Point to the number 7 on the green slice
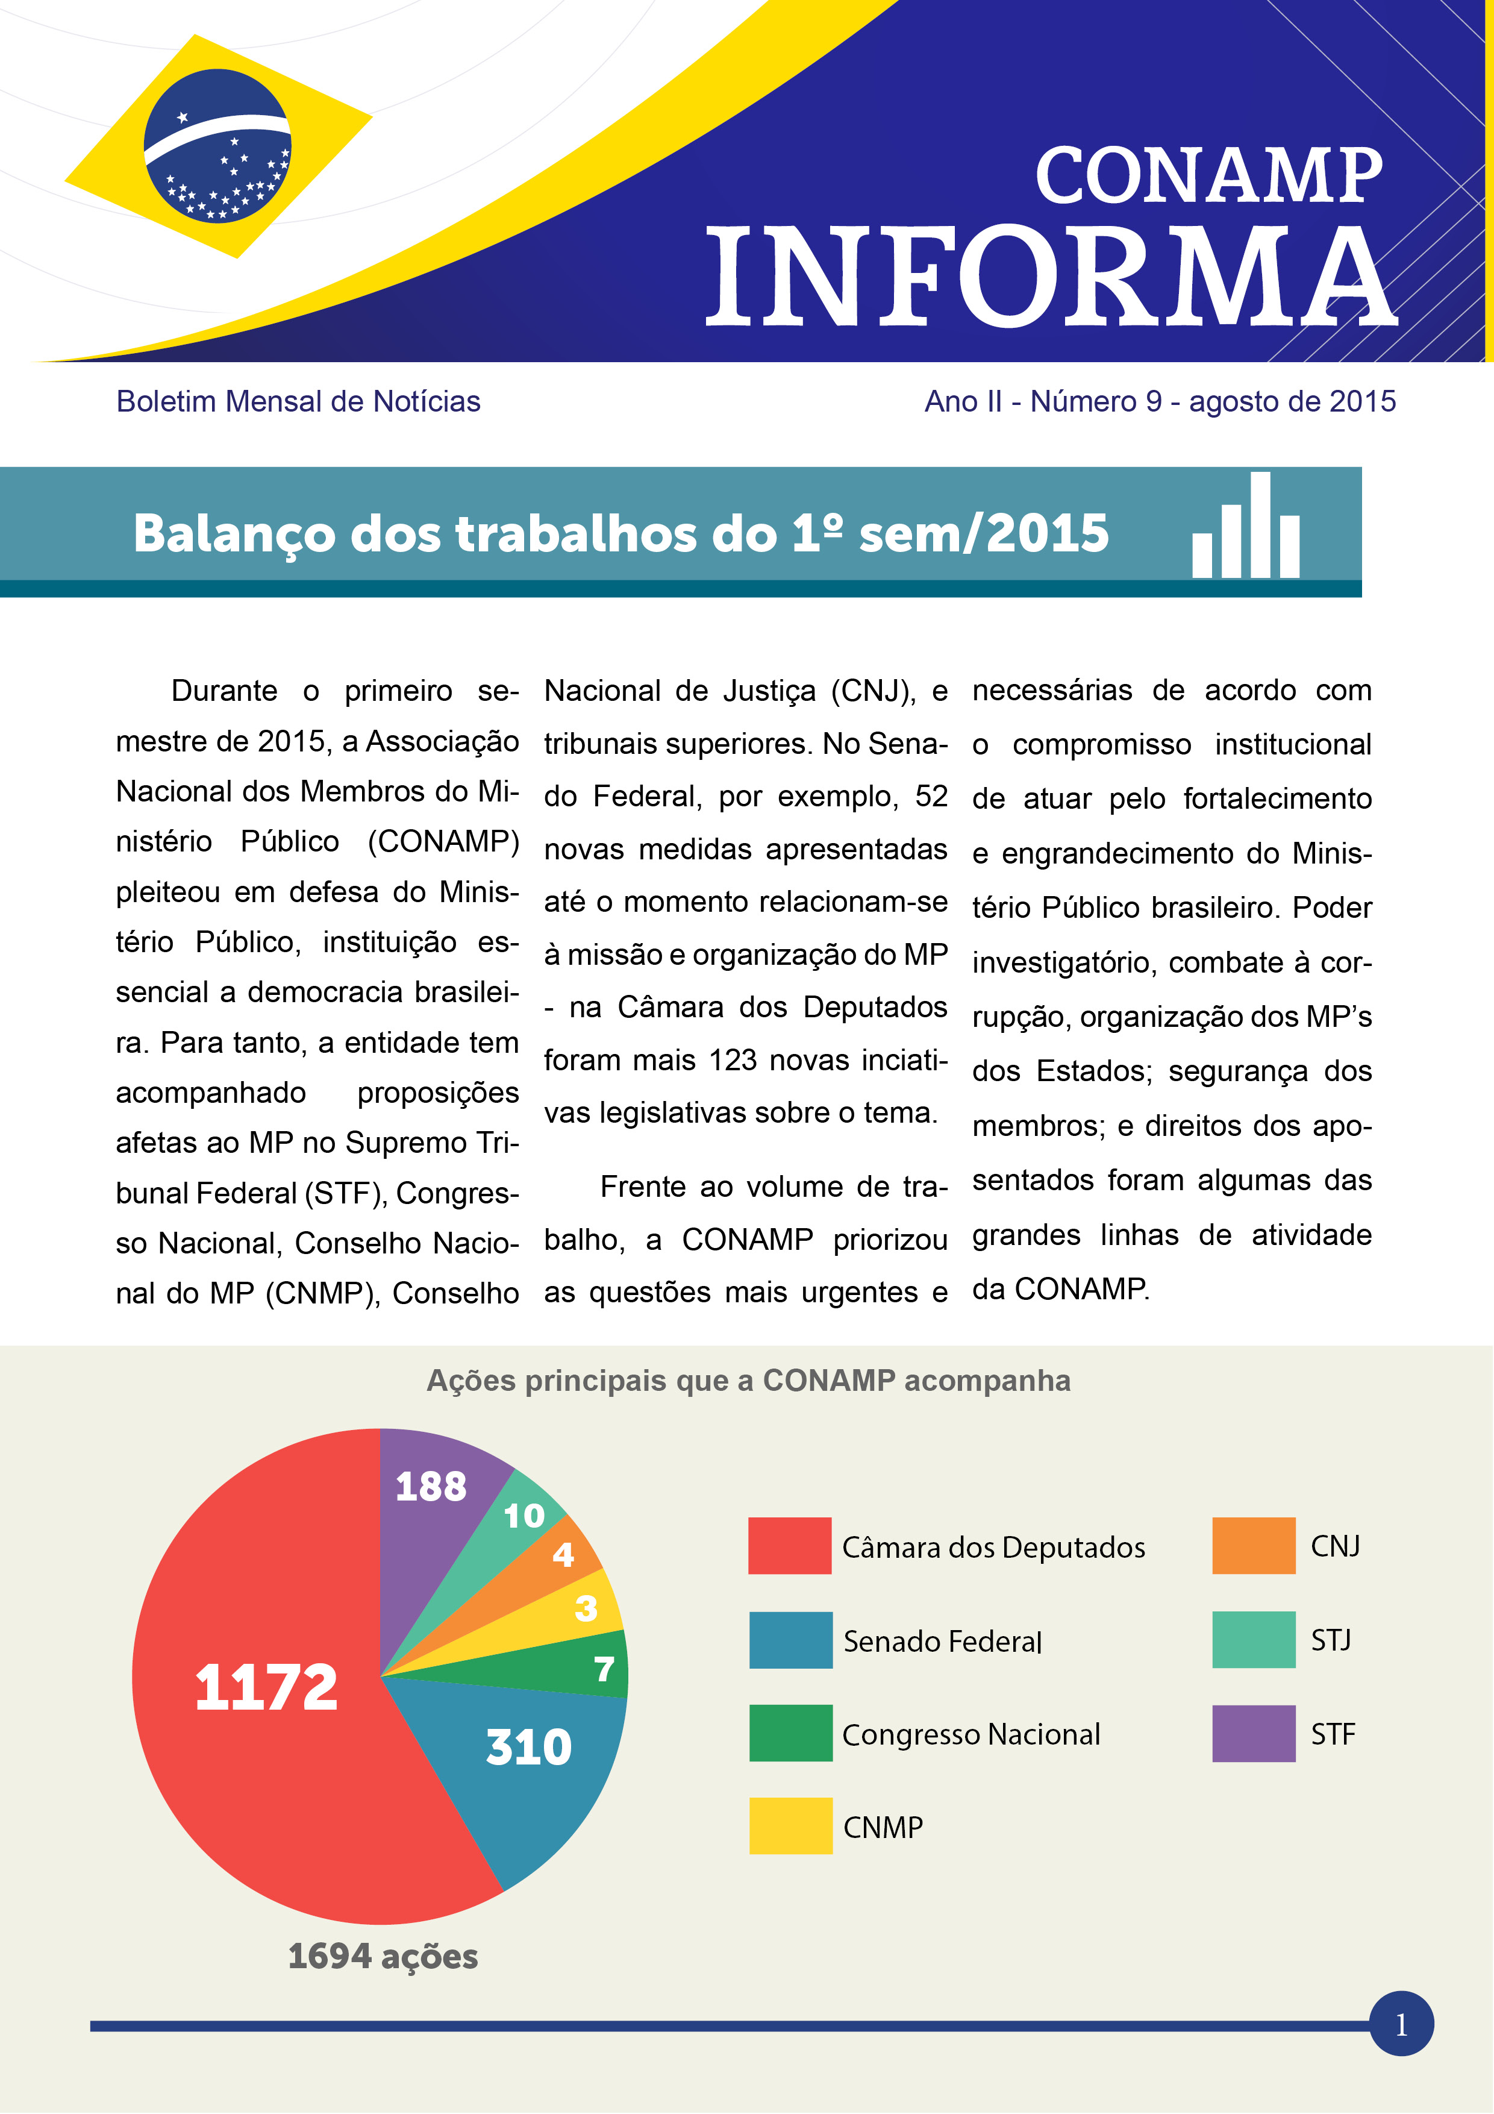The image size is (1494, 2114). click(604, 1669)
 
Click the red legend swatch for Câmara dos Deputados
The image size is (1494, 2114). click(789, 1546)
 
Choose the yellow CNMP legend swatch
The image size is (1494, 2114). click(790, 1826)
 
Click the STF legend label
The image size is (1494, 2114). click(1332, 1735)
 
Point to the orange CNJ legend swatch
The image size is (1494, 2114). click(1253, 1546)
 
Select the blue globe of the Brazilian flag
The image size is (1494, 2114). click(217, 145)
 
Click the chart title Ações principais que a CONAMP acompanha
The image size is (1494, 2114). click(748, 1381)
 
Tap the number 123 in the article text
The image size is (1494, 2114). click(733, 1061)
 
